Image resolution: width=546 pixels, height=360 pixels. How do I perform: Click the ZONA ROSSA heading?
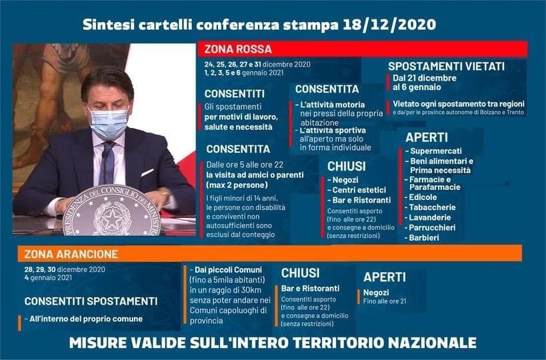coord(238,49)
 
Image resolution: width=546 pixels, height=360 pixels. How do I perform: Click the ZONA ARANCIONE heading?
coord(71,254)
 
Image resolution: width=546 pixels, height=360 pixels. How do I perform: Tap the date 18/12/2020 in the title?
coord(389,25)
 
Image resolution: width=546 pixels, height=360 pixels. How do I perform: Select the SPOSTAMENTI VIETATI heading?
coord(446,66)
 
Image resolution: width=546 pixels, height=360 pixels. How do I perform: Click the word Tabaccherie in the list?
coord(432,207)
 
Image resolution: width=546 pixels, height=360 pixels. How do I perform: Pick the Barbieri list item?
coord(424,238)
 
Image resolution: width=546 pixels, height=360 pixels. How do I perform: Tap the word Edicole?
coord(423,197)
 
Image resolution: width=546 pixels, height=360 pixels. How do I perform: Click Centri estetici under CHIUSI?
coord(359,190)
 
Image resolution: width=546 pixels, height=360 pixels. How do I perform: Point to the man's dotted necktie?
coord(107,163)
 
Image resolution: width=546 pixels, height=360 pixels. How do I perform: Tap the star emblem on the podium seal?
coord(112,217)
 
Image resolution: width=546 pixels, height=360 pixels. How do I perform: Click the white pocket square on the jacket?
coord(147,173)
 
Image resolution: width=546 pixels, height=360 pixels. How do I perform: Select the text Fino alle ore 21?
coord(385,301)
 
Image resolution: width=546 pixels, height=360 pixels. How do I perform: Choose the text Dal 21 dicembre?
coord(425,78)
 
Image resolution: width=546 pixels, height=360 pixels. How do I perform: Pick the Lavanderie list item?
coord(430,217)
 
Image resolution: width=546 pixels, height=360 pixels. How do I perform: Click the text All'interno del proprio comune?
coord(86,319)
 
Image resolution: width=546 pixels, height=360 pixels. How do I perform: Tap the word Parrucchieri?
coord(432,228)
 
